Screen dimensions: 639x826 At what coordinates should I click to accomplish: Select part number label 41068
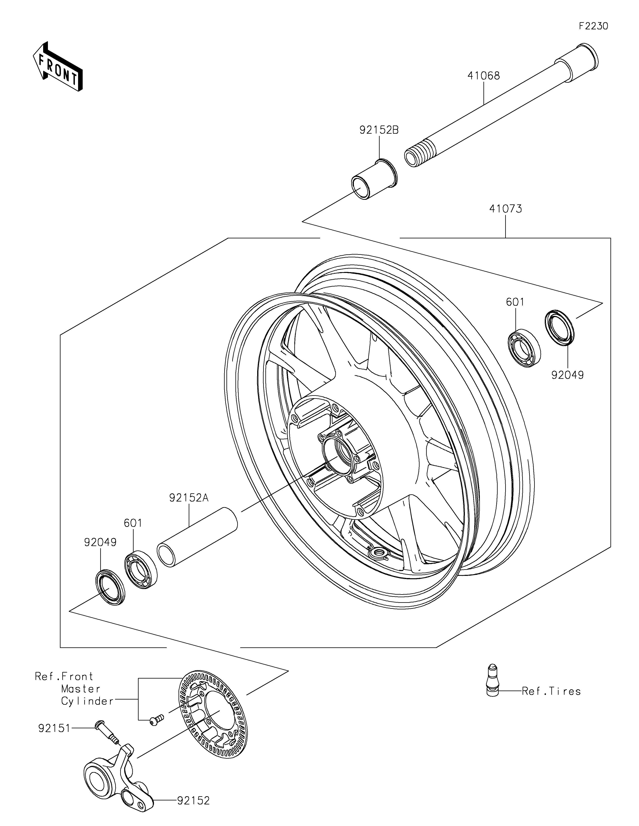(x=484, y=76)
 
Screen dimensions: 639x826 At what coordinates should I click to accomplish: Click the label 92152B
(x=379, y=130)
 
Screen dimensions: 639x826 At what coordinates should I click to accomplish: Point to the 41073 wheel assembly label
(x=506, y=209)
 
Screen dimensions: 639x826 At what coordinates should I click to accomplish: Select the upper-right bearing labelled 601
(x=524, y=348)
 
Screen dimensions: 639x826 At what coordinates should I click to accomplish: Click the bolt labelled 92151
(x=107, y=732)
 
